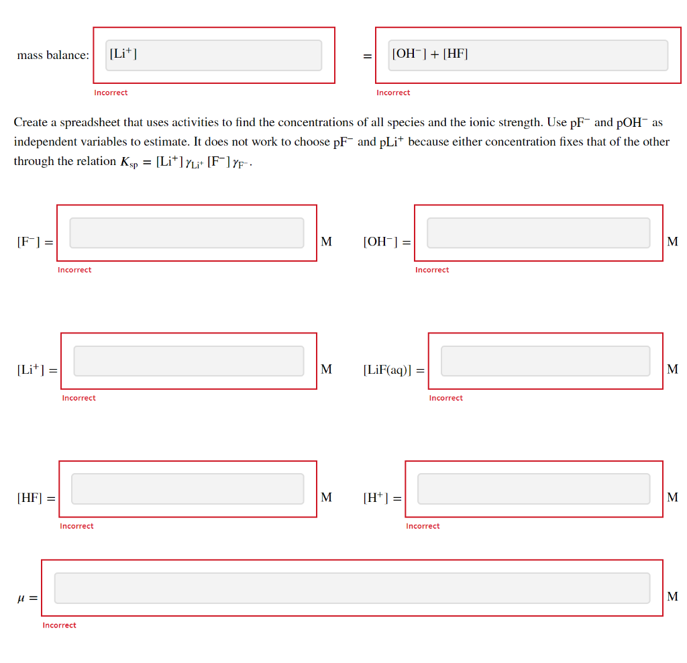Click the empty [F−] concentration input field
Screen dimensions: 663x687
pyautogui.click(x=187, y=233)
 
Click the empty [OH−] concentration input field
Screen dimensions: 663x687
pyautogui.click(x=538, y=233)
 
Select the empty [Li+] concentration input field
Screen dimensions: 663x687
pyautogui.click(x=189, y=361)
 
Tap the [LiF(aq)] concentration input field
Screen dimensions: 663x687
pyautogui.click(x=545, y=361)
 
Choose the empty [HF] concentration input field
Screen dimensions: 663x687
pyautogui.click(x=187, y=489)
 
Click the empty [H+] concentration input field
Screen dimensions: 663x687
pyautogui.click(x=533, y=489)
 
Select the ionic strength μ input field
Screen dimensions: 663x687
pyautogui.click(x=352, y=588)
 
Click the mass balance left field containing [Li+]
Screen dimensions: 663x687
pyautogui.click(x=213, y=55)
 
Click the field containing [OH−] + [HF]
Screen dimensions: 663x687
pyautogui.click(x=527, y=55)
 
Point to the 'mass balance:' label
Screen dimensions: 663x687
pyautogui.click(x=53, y=56)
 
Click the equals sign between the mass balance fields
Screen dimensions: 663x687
pyautogui.click(x=367, y=56)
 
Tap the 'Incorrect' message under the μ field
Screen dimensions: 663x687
pyautogui.click(x=59, y=625)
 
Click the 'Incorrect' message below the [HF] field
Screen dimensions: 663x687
pyautogui.click(x=76, y=526)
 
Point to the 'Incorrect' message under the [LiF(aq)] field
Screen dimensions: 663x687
pyautogui.click(x=445, y=398)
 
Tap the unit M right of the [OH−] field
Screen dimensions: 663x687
pyautogui.click(x=672, y=241)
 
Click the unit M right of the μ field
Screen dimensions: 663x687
pyautogui.click(x=672, y=596)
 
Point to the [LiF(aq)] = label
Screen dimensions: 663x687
pyautogui.click(x=393, y=370)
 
